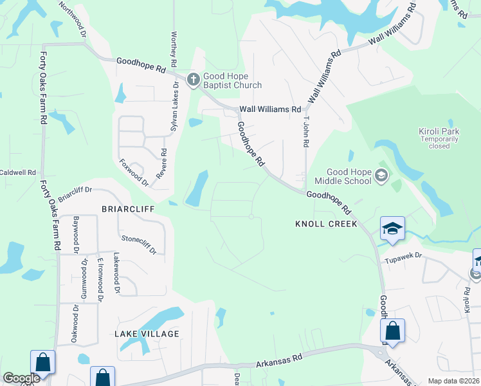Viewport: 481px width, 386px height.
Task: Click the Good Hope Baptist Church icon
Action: coord(193,80)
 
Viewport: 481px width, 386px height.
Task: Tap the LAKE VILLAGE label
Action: coord(147,334)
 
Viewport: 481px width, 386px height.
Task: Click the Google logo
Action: coord(21,378)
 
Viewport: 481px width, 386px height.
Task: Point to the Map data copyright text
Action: coord(453,381)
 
